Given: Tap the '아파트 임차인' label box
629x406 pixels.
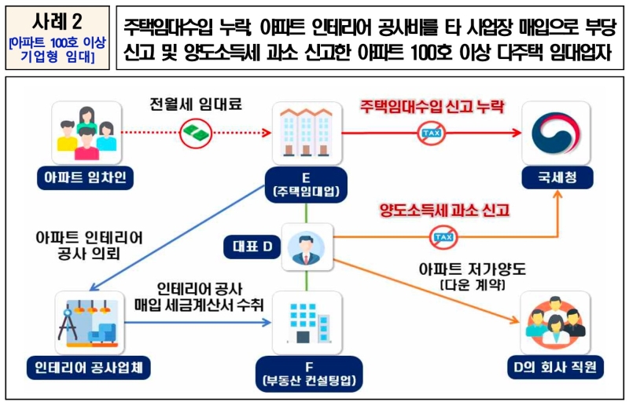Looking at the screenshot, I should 86,179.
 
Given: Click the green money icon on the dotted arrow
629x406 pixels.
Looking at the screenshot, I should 193,132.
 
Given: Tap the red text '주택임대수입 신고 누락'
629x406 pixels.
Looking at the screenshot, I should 432,106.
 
